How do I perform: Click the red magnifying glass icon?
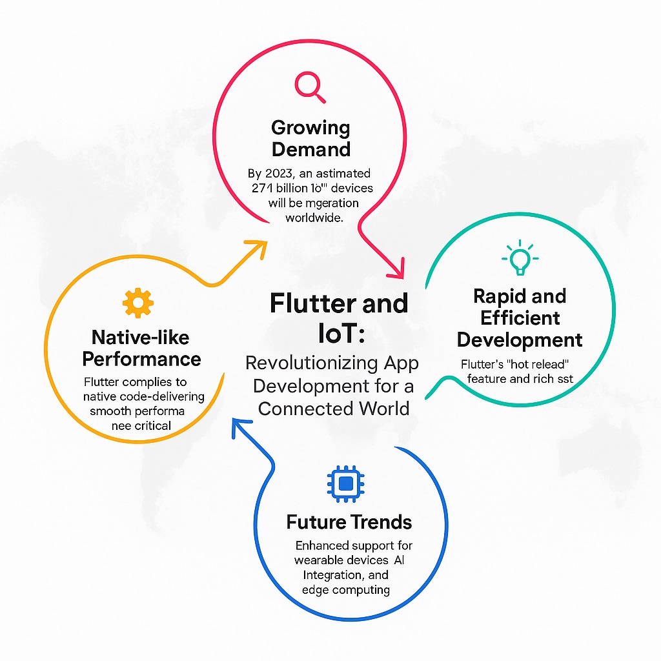(309, 86)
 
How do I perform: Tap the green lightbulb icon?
(520, 258)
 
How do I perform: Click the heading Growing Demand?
(310, 138)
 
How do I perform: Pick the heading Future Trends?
(349, 521)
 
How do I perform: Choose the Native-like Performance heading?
(142, 348)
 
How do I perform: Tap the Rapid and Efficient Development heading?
(520, 318)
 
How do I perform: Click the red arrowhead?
(396, 268)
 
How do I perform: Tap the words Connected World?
(334, 408)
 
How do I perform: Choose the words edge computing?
(345, 589)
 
